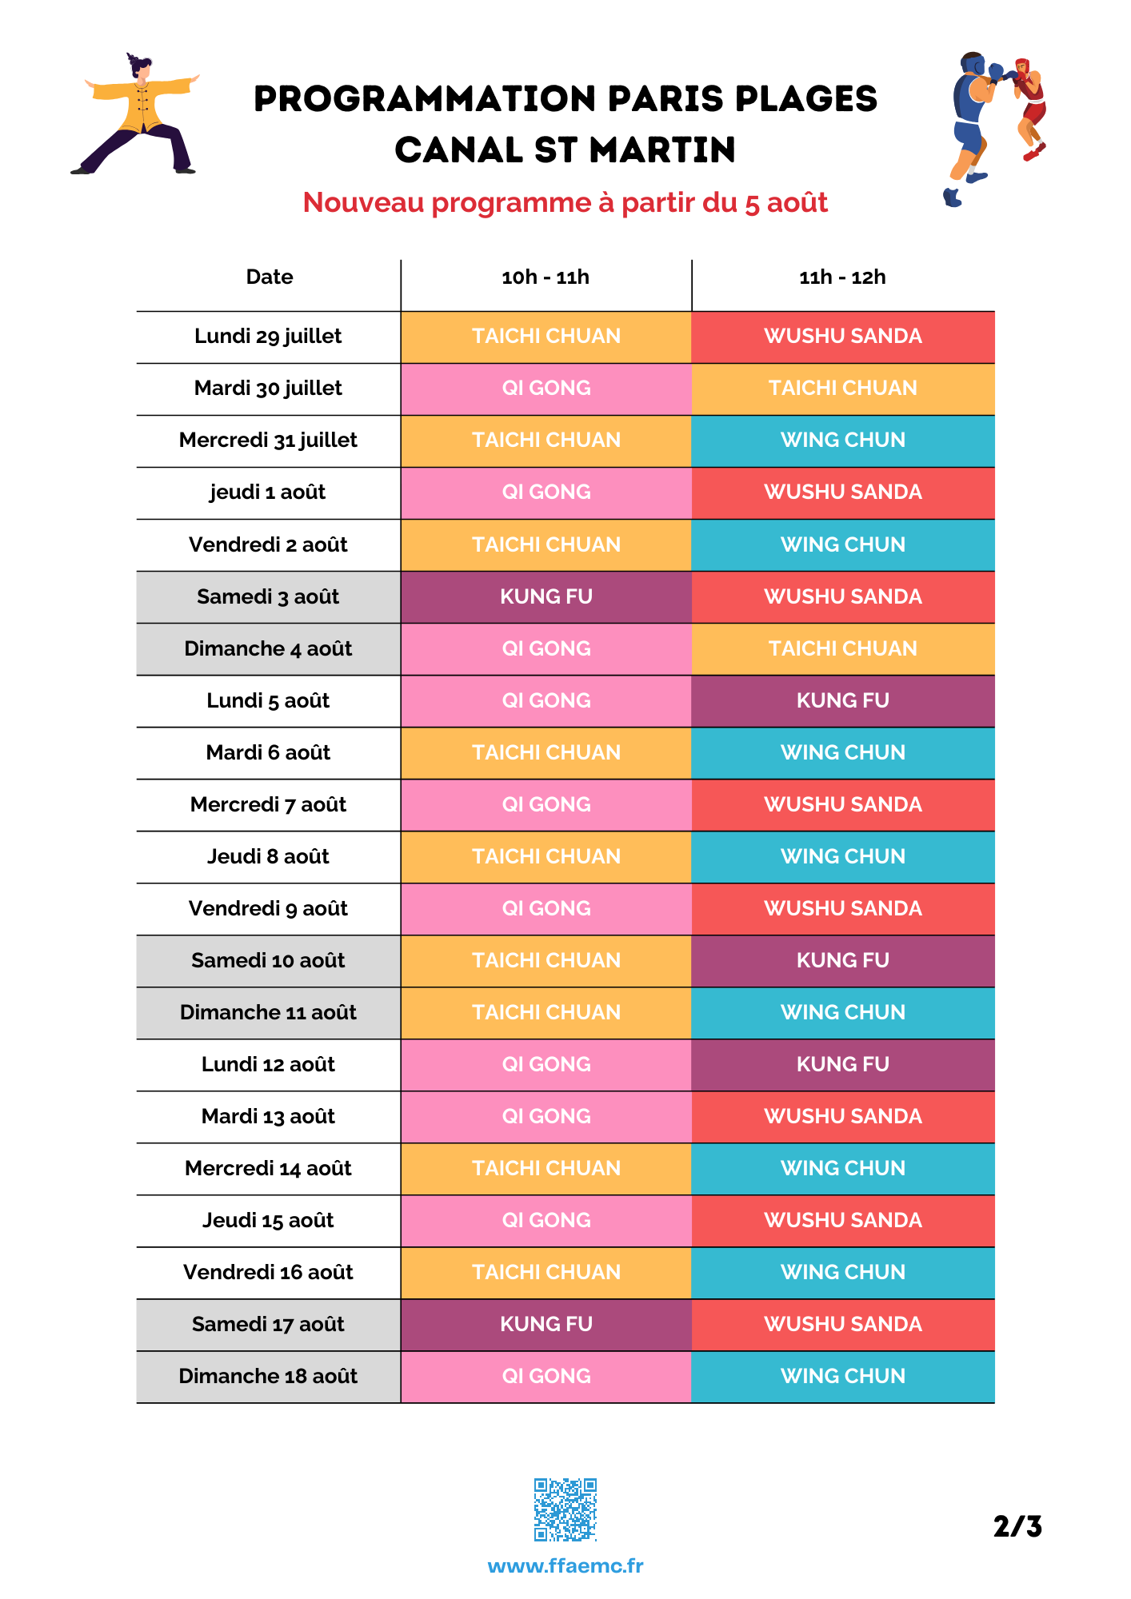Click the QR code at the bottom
565,1509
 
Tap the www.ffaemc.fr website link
565,1565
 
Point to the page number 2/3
1017,1526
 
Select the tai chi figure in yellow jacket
136,114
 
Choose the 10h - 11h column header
546,277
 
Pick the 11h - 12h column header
843,277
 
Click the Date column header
270,277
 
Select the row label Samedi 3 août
268,596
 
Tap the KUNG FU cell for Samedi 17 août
546,1325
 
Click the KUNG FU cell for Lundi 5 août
843,701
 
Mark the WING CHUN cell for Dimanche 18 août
843,1377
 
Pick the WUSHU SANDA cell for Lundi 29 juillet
843,337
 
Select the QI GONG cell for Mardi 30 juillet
546,389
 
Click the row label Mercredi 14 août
268,1168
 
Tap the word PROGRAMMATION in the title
426,99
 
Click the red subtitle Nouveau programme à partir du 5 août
565,203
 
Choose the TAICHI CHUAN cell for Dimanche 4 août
843,649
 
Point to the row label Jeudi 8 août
268,856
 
